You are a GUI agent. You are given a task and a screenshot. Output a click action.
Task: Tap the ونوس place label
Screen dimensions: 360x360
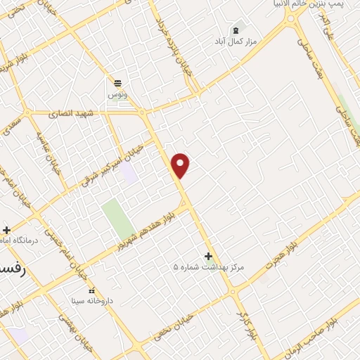pyautogui.click(x=116, y=94)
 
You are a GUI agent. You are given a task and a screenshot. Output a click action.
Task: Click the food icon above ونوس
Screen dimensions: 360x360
pyautogui.click(x=116, y=82)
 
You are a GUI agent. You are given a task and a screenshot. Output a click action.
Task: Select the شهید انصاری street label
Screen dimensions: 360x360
pyautogui.click(x=72, y=113)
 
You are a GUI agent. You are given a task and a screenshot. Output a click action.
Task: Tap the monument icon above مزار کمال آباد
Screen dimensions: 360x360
pyautogui.click(x=236, y=30)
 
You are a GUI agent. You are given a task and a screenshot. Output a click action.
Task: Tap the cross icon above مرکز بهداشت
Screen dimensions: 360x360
pyautogui.click(x=207, y=256)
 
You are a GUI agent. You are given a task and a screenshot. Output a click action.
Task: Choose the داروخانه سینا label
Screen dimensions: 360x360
pyautogui.click(x=91, y=301)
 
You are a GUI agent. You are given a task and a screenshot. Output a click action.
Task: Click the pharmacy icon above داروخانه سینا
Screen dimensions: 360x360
pyautogui.click(x=91, y=290)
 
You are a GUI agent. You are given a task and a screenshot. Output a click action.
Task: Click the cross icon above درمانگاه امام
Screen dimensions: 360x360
pyautogui.click(x=7, y=230)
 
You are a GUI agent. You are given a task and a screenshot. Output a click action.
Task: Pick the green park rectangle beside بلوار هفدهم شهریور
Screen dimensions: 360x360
pyautogui.click(x=117, y=218)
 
